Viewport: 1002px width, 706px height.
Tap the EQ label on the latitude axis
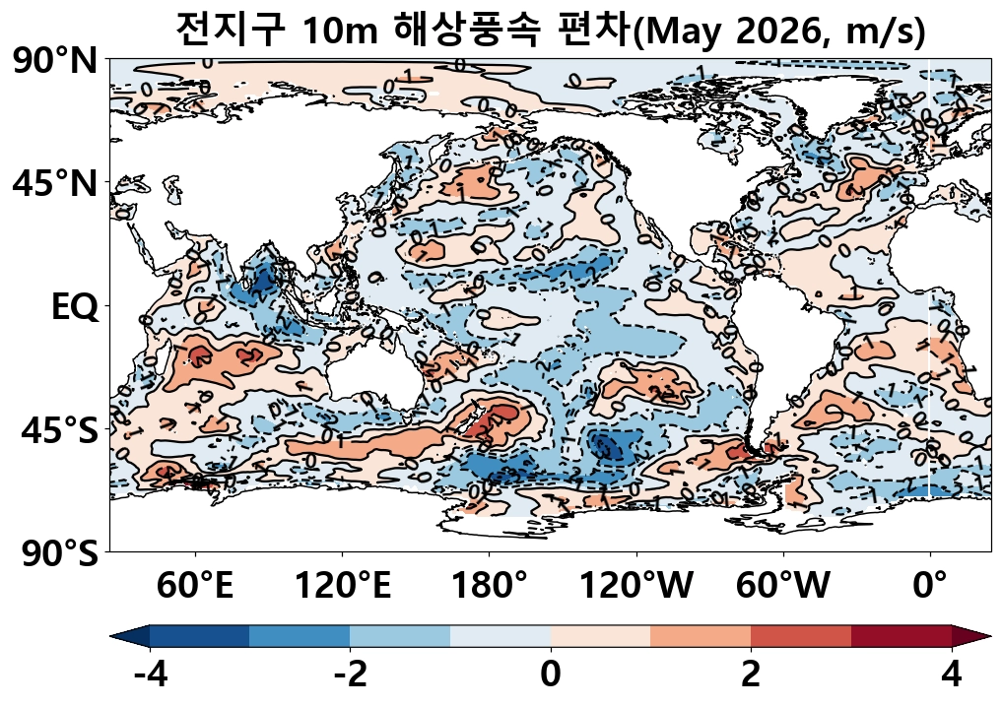pos(75,307)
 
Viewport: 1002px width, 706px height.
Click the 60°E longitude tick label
pos(195,587)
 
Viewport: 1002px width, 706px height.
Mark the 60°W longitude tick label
pos(783,587)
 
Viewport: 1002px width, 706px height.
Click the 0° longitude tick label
pos(930,587)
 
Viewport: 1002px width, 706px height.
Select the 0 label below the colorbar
pos(551,676)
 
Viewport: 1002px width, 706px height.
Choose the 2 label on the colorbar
pos(751,676)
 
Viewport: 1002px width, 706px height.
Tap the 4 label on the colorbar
pos(952,676)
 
